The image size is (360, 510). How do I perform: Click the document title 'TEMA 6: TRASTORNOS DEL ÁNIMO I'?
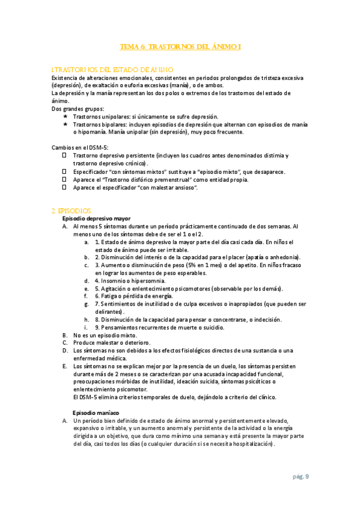coord(181,46)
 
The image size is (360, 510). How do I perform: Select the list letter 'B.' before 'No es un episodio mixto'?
coord(65,334)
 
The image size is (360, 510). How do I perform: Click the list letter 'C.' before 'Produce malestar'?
coord(65,342)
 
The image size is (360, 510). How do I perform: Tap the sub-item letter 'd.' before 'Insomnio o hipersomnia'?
coord(87,280)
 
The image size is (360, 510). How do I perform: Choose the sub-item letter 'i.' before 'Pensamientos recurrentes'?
coord(87,327)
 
